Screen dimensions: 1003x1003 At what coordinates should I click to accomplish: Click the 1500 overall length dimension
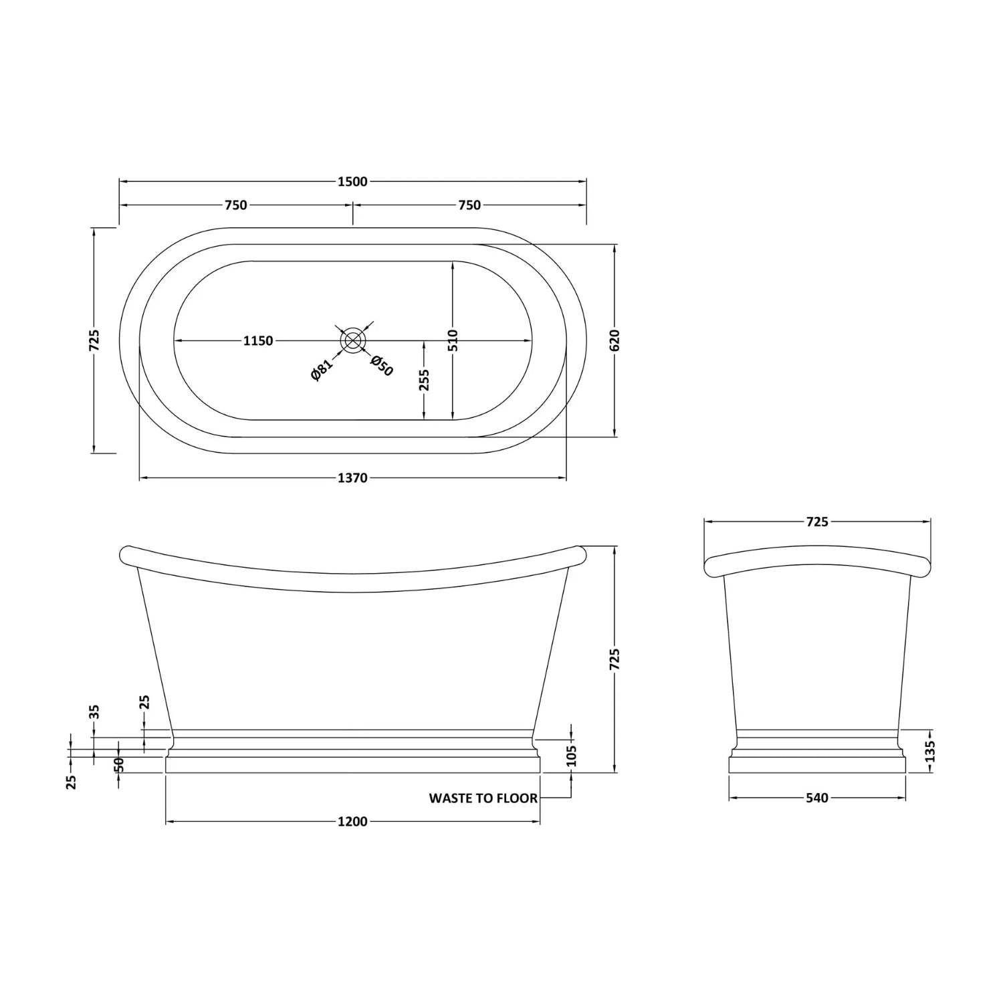[x=352, y=182]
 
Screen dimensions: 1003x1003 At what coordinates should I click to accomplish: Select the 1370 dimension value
[x=352, y=478]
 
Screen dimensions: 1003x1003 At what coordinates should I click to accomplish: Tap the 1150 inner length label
[x=257, y=341]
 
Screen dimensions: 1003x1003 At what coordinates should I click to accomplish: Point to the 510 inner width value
[x=453, y=340]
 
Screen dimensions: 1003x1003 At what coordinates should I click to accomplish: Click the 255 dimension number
[x=424, y=380]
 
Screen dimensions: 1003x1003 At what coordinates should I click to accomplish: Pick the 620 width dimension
[x=615, y=340]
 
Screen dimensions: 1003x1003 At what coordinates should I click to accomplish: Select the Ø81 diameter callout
[x=322, y=370]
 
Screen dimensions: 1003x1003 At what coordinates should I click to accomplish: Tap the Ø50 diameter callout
[x=382, y=366]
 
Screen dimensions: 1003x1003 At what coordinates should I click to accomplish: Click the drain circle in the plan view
[x=352, y=340]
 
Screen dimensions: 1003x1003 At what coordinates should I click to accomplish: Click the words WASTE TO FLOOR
[x=483, y=798]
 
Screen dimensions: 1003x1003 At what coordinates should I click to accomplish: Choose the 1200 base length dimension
[x=352, y=821]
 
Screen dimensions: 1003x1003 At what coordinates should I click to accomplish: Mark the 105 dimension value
[x=571, y=756]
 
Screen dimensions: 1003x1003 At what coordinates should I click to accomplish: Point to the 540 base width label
[x=817, y=798]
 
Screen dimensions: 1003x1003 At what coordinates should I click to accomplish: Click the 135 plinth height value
[x=930, y=751]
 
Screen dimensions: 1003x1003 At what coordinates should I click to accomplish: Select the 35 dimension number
[x=94, y=711]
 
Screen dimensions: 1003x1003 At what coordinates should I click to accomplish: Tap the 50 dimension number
[x=119, y=765]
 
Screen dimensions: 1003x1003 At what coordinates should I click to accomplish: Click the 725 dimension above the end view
[x=817, y=522]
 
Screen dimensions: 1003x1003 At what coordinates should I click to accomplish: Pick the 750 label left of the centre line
[x=235, y=205]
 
